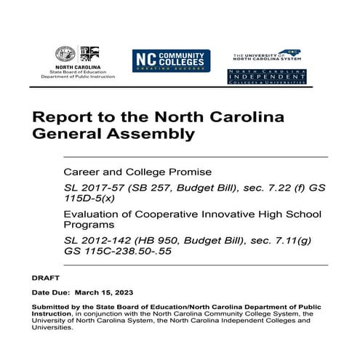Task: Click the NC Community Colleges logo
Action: point(170,60)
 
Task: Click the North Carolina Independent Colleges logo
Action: point(266,76)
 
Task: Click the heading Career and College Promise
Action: point(127,172)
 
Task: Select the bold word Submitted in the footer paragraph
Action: point(49,307)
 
